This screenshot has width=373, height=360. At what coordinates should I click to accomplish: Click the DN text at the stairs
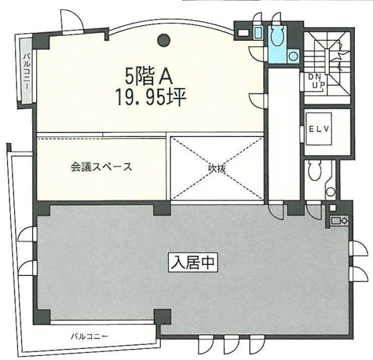pos(315,77)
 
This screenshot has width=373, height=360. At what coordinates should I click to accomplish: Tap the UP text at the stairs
pos(318,86)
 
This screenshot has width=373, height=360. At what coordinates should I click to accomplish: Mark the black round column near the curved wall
pos(165,40)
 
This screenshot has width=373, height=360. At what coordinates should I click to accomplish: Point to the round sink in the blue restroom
pos(294,56)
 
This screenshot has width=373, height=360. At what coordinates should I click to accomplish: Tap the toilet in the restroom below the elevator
pos(315,170)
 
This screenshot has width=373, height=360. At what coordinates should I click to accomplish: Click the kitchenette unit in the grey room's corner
pos(339,221)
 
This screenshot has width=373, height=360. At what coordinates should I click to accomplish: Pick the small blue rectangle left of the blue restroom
pos(258,33)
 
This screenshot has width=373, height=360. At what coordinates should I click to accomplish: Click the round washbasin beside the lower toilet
pos(331,191)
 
